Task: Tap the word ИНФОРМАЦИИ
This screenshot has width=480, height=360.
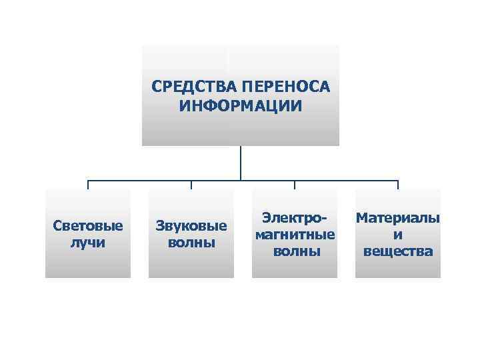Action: (241, 106)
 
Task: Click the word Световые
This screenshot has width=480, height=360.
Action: (88, 225)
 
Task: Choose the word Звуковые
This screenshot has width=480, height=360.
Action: (191, 225)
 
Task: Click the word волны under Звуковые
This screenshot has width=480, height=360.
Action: (191, 242)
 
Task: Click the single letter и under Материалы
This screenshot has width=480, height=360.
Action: (398, 235)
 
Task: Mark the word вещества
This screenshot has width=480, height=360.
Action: (398, 251)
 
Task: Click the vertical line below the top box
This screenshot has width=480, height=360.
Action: (241, 163)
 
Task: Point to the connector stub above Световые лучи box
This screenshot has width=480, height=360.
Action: (88, 185)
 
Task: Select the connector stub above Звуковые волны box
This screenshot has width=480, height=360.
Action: (191, 185)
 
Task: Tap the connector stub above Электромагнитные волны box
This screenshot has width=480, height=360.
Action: (295, 185)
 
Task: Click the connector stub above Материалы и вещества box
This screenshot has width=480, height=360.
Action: (398, 185)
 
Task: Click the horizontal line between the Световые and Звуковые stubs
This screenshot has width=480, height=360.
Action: (140, 180)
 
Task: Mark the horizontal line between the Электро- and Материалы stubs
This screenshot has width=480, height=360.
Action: (347, 180)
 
